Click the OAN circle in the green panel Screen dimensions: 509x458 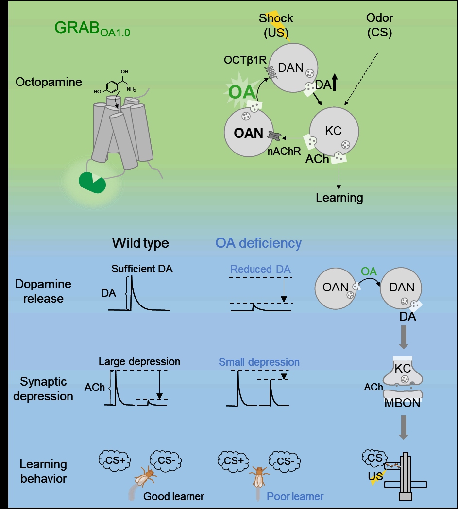(x=249, y=132)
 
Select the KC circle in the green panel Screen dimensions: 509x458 (x=334, y=131)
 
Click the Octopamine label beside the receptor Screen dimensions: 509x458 (x=49, y=82)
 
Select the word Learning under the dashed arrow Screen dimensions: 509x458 (x=339, y=198)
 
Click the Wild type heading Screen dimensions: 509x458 (x=140, y=243)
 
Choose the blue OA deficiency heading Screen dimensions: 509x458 (x=258, y=243)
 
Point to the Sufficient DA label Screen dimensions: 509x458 (x=141, y=269)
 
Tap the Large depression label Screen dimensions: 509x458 (x=139, y=362)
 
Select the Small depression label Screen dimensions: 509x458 (x=259, y=362)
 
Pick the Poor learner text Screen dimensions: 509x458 (x=295, y=496)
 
